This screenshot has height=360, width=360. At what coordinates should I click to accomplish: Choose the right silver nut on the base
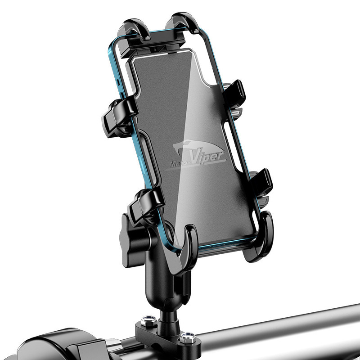pyautogui.click(x=188, y=337)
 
